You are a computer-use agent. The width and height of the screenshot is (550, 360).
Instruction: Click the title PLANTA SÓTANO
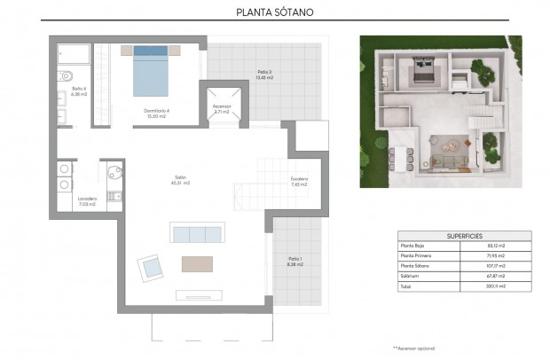pyautogui.click(x=274, y=12)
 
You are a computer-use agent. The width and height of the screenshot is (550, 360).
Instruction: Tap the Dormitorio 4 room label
pyautogui.click(x=156, y=112)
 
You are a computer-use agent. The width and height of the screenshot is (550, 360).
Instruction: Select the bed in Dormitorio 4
pyautogui.click(x=151, y=71)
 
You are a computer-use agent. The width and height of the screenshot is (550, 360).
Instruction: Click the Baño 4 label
pyautogui.click(x=78, y=92)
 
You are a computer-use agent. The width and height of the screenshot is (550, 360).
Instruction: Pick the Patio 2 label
pyautogui.click(x=264, y=74)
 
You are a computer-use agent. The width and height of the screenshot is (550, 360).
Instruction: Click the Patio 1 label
pyautogui.click(x=295, y=261)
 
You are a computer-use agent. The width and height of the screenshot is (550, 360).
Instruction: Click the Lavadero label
pyautogui.click(x=87, y=200)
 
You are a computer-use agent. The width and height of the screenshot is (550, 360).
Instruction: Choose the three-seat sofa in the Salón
pyautogui.click(x=196, y=234)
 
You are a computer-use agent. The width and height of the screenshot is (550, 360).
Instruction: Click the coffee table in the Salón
pyautogui.click(x=197, y=263)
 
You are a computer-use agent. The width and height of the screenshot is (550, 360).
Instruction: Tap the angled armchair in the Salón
pyautogui.click(x=150, y=265)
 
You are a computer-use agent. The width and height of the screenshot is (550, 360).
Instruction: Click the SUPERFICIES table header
pyautogui.click(x=464, y=235)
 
